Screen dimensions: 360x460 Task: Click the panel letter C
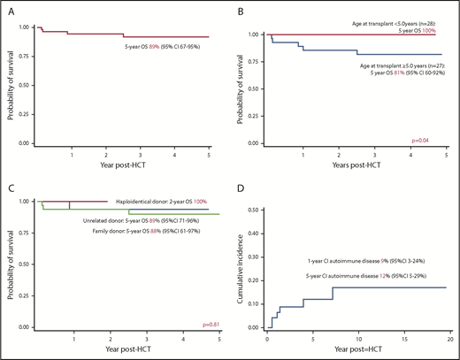[10, 185]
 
